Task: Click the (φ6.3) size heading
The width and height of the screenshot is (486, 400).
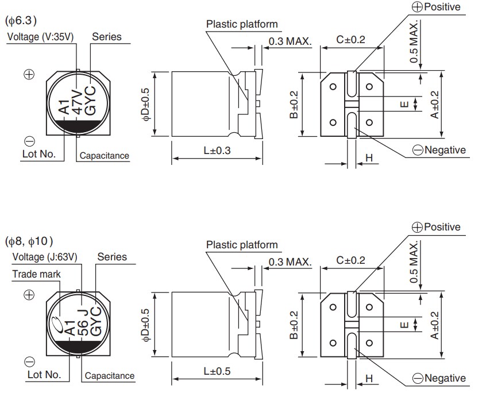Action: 21,21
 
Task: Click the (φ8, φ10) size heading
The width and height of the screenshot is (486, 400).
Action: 32,240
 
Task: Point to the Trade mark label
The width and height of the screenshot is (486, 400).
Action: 36,274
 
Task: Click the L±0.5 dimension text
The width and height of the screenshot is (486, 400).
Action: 217,371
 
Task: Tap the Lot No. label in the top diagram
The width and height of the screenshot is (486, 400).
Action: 38,154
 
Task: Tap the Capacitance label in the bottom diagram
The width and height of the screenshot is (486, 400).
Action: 110,376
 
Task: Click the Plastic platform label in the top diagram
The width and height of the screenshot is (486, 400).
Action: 242,24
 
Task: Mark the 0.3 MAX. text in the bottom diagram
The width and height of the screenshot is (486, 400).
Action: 290,262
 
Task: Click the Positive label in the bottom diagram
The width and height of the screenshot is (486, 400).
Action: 441,227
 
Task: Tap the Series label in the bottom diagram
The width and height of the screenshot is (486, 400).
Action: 112,257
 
